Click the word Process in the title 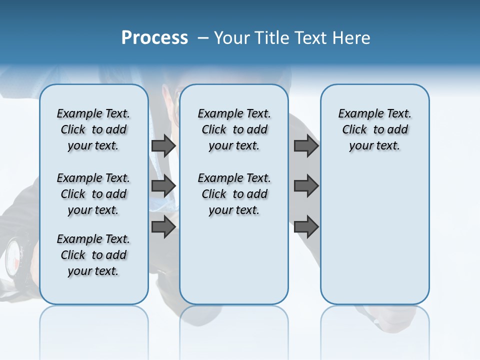(x=154, y=38)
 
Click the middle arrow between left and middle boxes (x=163, y=186)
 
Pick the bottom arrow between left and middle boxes (x=163, y=227)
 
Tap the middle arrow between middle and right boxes (x=306, y=186)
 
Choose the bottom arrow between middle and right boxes (x=306, y=227)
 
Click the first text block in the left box (x=93, y=129)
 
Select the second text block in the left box (x=93, y=194)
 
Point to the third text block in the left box (x=93, y=255)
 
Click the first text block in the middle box (x=234, y=129)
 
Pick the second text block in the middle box (x=234, y=194)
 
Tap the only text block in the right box (x=374, y=129)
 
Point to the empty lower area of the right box (x=374, y=235)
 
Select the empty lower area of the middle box (x=234, y=260)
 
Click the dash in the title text (x=203, y=38)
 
